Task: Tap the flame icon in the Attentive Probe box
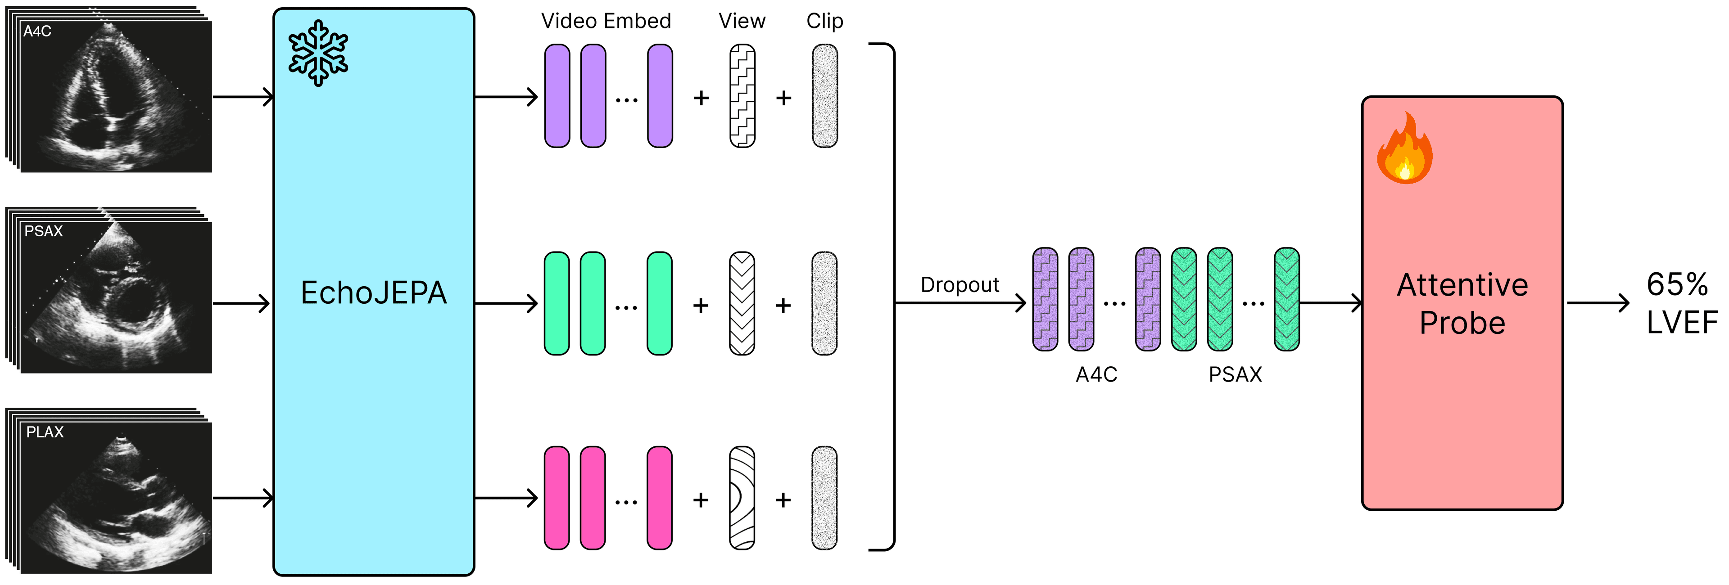point(1404,149)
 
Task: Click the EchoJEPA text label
point(373,293)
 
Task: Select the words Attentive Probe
point(1462,304)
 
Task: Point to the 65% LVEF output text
point(1680,304)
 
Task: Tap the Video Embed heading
point(606,22)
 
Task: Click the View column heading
point(742,22)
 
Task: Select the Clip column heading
point(824,22)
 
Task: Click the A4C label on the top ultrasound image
point(37,31)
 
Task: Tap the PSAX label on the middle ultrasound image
point(43,231)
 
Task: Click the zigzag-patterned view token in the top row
point(742,96)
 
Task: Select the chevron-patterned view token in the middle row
point(742,303)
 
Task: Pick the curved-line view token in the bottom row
point(742,498)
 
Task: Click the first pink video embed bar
point(557,498)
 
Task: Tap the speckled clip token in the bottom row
point(824,498)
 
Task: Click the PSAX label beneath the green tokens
point(1235,374)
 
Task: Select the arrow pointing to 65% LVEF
point(1598,303)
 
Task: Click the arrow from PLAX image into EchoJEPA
point(242,498)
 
